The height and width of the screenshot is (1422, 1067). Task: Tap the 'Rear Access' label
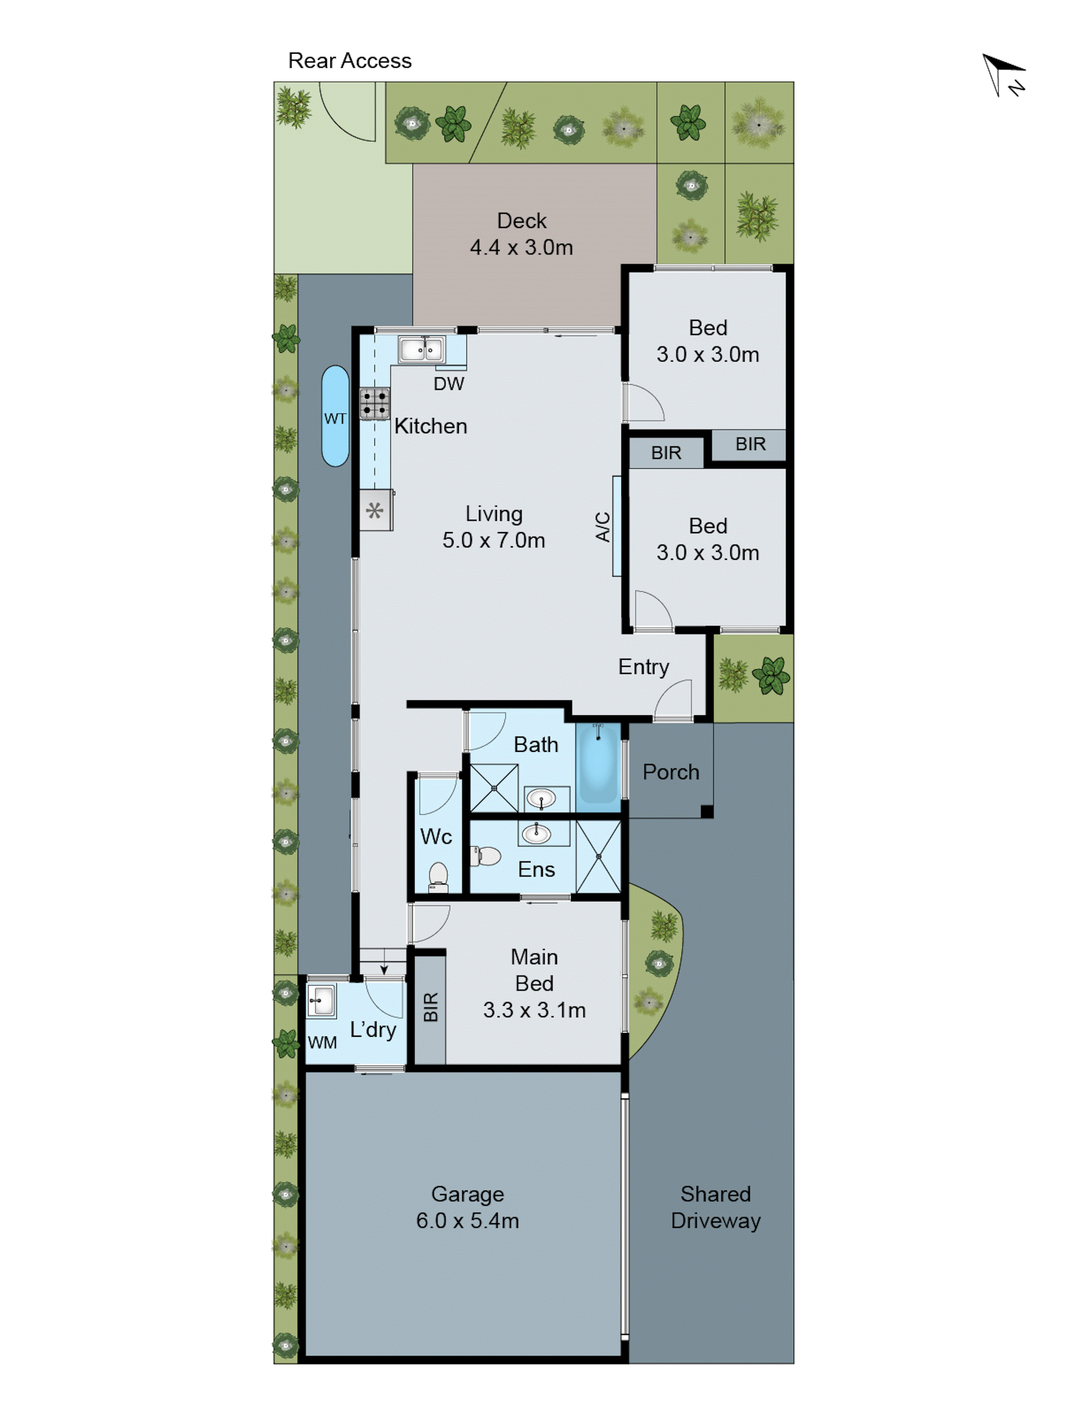(x=350, y=60)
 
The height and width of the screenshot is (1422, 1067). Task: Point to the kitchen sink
(x=421, y=350)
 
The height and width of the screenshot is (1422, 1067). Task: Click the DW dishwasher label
(x=448, y=384)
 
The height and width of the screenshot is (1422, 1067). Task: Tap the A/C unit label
(x=602, y=526)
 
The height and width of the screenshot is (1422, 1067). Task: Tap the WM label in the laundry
(x=322, y=1042)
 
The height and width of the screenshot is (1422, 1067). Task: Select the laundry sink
(x=321, y=1001)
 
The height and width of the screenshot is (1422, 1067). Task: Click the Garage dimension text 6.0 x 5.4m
(x=467, y=1220)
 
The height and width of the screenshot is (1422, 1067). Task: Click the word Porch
(x=670, y=771)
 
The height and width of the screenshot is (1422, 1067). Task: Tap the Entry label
(x=643, y=667)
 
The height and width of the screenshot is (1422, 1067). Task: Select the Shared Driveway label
(x=715, y=1207)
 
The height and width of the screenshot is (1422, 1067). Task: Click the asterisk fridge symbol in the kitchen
(x=375, y=510)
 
